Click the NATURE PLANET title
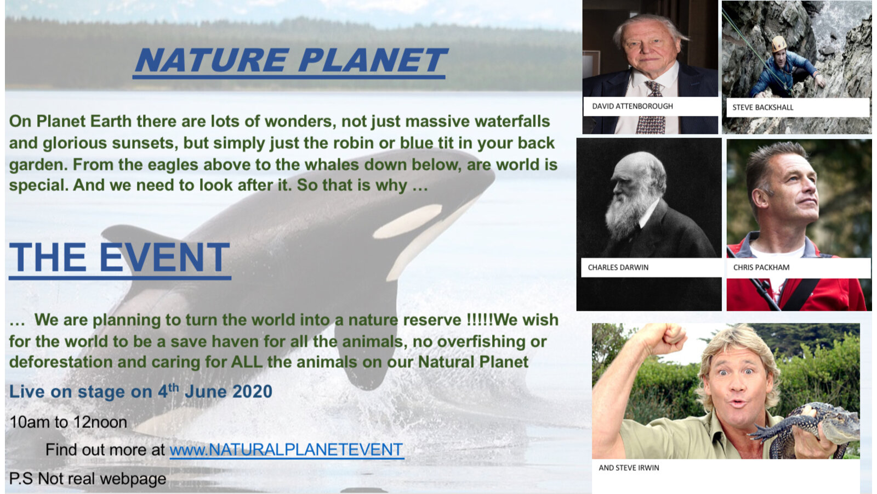pos(290,60)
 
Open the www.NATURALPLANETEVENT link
pos(286,450)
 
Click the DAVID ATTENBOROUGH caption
pos(633,106)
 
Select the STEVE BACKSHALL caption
pos(762,108)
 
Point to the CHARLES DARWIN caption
pos(618,267)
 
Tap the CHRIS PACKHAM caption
pos(761,267)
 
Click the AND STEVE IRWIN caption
pos(629,468)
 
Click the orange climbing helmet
pos(779,43)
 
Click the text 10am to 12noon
pos(68,422)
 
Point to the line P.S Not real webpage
pos(88,479)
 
